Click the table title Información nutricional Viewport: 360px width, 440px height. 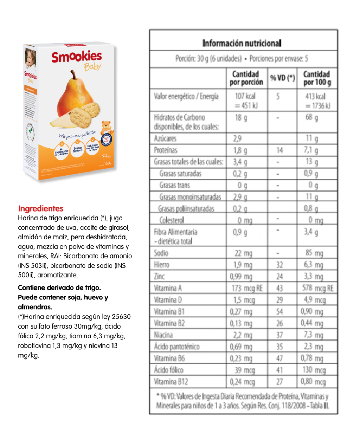tap(242, 43)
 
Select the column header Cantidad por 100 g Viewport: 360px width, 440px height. tap(317, 78)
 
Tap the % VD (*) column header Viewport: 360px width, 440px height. tap(282, 78)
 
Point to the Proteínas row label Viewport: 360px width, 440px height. tap(166, 150)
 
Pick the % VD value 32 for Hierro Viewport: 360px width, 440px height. tap(279, 265)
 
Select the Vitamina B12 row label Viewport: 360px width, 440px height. tap(171, 382)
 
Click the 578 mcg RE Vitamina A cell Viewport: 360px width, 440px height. tap(317, 289)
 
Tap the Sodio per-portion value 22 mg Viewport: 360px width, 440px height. tap(243, 253)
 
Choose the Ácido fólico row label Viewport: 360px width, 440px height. tap(168, 370)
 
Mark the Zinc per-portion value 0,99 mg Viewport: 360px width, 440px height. tap(241, 277)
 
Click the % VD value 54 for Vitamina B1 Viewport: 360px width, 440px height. tap(279, 312)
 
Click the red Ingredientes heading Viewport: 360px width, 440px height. tap(41, 208)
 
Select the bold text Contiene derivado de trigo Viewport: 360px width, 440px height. tap(59, 288)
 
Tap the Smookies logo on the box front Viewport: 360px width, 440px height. tap(77, 57)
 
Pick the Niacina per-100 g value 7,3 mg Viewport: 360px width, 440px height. tap(313, 335)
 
